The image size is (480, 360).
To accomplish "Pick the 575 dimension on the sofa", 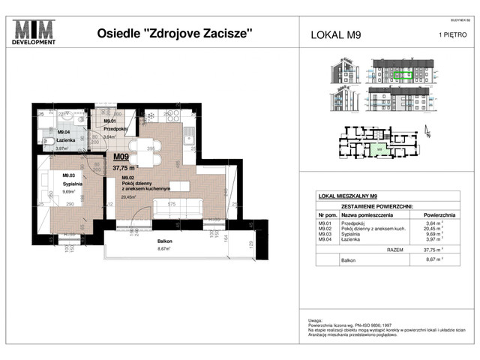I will (x=171, y=204).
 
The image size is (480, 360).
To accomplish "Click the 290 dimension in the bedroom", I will (x=69, y=204).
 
